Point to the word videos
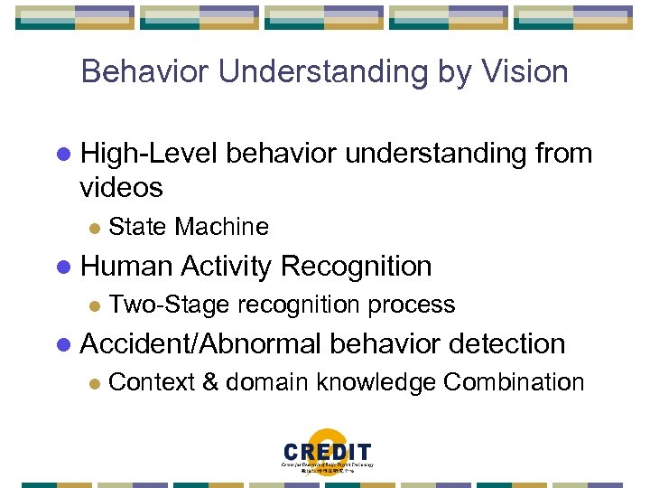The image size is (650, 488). click(x=121, y=188)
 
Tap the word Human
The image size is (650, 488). click(x=127, y=267)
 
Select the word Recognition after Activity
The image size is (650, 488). click(x=357, y=267)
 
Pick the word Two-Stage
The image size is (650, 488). click(x=160, y=305)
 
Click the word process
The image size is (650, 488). click(x=412, y=305)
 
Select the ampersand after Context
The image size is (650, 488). click(x=209, y=382)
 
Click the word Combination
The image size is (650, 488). click(x=513, y=382)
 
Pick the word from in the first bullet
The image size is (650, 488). click(x=562, y=155)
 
